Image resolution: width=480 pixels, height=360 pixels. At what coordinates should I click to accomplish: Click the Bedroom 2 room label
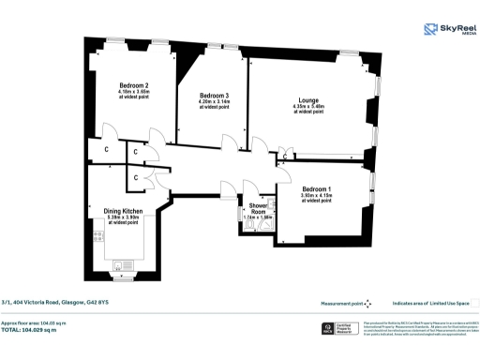click(134, 86)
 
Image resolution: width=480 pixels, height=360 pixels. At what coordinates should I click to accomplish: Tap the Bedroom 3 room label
click(215, 97)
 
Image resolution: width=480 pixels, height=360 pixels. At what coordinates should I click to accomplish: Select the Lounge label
click(308, 100)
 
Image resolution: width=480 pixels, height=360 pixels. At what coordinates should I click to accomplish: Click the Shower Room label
click(257, 208)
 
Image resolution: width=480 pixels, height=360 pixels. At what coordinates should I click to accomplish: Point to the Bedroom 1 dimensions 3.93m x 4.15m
click(317, 197)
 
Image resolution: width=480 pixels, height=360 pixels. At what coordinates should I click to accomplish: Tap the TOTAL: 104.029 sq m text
click(29, 331)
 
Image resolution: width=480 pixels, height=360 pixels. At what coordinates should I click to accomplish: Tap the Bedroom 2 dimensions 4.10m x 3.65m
click(134, 92)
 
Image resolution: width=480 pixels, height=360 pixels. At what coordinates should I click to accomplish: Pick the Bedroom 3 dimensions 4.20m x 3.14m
click(215, 102)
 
